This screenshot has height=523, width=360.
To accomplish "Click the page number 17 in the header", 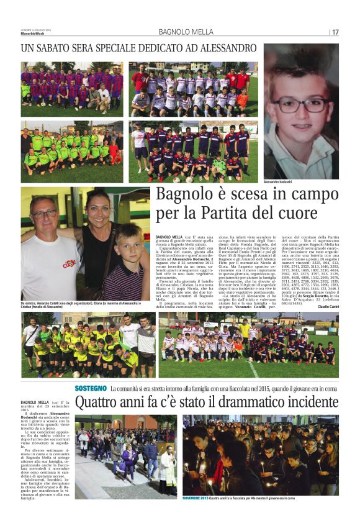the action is pyautogui.click(x=335, y=32).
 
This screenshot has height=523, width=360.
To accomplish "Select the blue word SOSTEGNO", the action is pyautogui.click(x=91, y=388).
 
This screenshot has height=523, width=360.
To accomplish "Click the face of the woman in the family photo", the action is pyautogui.click(x=101, y=207).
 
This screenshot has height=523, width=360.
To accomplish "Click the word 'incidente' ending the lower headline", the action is pyautogui.click(x=310, y=403).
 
